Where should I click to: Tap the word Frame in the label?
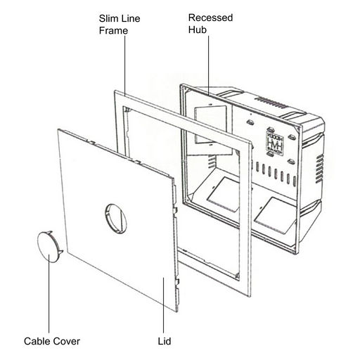(x=113, y=30)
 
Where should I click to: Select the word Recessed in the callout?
(x=210, y=18)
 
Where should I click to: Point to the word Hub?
(x=198, y=30)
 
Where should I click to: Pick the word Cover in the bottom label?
(x=66, y=341)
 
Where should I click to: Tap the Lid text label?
(x=165, y=341)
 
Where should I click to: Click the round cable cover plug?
(x=50, y=247)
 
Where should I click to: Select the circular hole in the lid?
(x=116, y=219)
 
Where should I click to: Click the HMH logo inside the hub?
(x=275, y=143)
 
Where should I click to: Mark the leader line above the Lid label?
(x=163, y=305)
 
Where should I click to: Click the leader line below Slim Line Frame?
(x=125, y=65)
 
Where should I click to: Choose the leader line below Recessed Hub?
(x=208, y=65)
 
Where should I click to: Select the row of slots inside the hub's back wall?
(x=276, y=174)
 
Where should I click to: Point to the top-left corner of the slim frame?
(x=115, y=91)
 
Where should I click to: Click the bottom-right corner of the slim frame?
(x=250, y=297)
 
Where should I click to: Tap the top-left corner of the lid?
(x=58, y=129)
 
